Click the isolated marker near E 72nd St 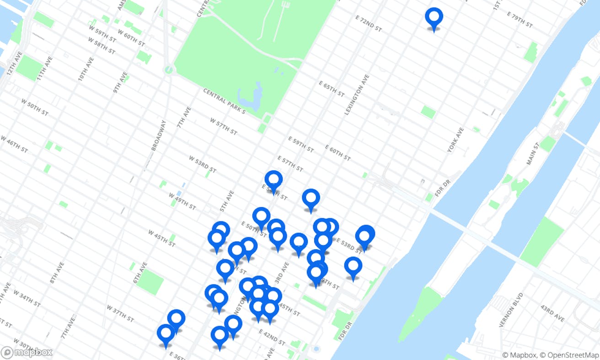coord(434,18)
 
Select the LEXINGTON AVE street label coord(356,94)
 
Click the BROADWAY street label coord(157,135)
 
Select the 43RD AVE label coord(553,313)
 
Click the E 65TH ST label coord(332,89)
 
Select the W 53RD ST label coord(202,164)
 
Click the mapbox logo coord(27,353)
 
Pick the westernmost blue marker coord(166,334)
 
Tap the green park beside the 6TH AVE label coord(150,281)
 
